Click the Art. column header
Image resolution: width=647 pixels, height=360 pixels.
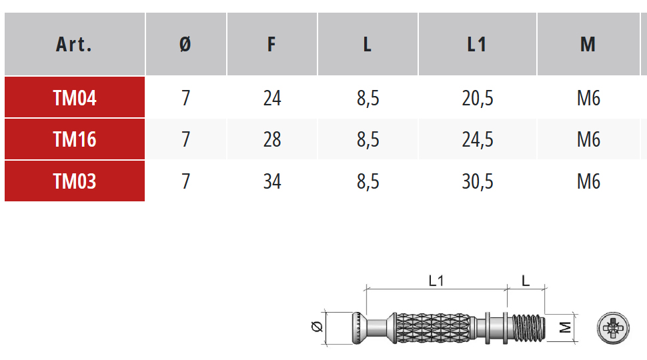pos(74,45)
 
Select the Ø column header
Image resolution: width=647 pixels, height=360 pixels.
pos(185,45)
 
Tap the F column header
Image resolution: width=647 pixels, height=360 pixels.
pos(271,45)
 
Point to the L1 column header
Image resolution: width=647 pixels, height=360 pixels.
pos(477,45)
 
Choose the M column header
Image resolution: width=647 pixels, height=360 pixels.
pos(588,45)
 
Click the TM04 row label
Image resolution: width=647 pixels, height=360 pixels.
pos(75,98)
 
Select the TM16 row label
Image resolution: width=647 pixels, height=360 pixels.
pos(75,139)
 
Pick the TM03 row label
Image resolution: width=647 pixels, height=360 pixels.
pos(75,181)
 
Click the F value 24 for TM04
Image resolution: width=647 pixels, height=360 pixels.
pos(272,98)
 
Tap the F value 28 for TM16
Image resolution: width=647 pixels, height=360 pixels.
pos(272,139)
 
